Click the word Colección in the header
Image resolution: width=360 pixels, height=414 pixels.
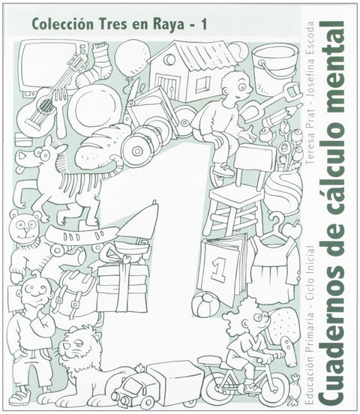pyautogui.click(x=62, y=24)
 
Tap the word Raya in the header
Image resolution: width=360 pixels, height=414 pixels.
pyautogui.click(x=168, y=25)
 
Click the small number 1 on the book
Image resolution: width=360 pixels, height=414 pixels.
pyautogui.click(x=219, y=269)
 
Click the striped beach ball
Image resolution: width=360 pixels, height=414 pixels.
pyautogui.click(x=205, y=304)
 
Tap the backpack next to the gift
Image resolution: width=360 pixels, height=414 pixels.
pyautogui.click(x=73, y=296)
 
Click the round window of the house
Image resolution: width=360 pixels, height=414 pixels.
pyautogui.click(x=169, y=59)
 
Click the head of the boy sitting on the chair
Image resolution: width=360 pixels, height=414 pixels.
pyautogui.click(x=235, y=85)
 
